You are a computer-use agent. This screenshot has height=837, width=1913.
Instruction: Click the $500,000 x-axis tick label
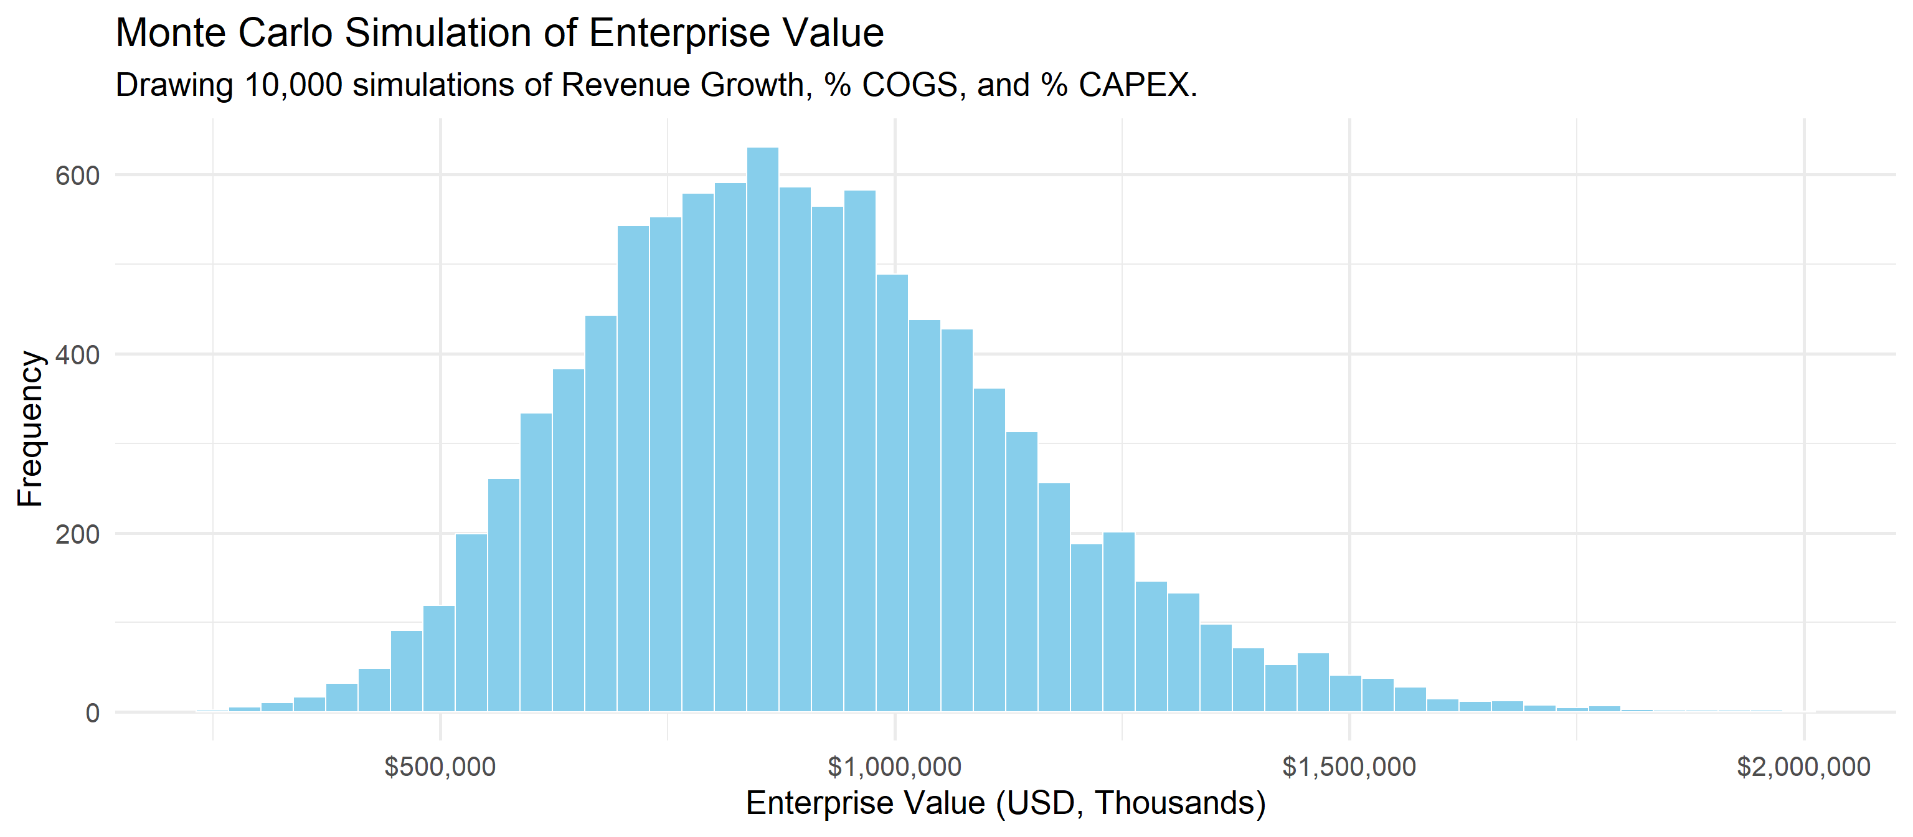click(440, 767)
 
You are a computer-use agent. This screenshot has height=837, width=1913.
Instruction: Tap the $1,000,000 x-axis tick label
click(894, 767)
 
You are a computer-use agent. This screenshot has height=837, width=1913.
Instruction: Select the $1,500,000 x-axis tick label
click(1349, 767)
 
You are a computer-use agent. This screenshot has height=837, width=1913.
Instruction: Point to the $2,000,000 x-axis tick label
click(1803, 767)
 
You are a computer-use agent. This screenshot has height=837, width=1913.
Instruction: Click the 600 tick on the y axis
click(77, 176)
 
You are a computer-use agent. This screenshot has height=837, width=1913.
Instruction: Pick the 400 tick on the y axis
click(77, 355)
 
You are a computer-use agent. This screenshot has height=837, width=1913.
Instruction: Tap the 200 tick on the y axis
click(77, 534)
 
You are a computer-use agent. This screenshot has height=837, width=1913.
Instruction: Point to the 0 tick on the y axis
click(92, 713)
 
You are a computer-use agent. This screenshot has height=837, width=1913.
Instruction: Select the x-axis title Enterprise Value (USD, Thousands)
click(1006, 803)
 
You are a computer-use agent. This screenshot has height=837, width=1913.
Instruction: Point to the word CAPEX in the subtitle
click(1134, 85)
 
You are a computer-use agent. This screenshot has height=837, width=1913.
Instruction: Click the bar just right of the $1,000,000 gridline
click(892, 493)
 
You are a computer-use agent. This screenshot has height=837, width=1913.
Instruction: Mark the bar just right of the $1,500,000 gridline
click(1345, 694)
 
